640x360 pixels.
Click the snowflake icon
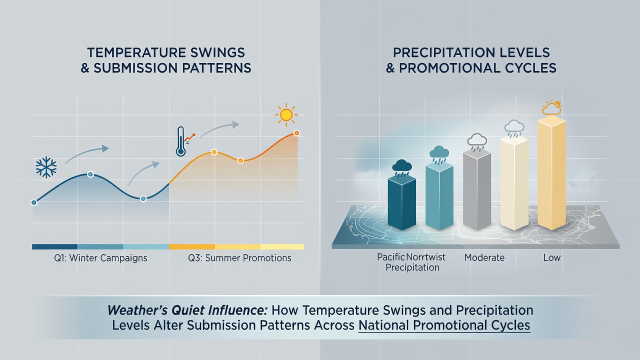point(46,167)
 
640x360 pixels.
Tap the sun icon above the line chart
point(286,115)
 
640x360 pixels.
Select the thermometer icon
point(180,141)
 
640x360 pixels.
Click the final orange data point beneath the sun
point(296,133)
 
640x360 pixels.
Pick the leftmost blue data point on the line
point(33,202)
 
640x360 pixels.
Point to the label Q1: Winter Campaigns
point(100,258)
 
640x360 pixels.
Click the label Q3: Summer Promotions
point(239,258)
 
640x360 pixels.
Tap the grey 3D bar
point(477,189)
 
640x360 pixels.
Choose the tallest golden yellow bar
point(551,172)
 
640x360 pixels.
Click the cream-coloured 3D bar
point(514,183)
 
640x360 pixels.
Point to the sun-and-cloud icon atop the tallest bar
point(551,107)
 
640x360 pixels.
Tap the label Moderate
point(484,257)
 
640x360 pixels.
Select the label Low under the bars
point(551,257)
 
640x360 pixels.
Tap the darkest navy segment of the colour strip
point(54,247)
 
